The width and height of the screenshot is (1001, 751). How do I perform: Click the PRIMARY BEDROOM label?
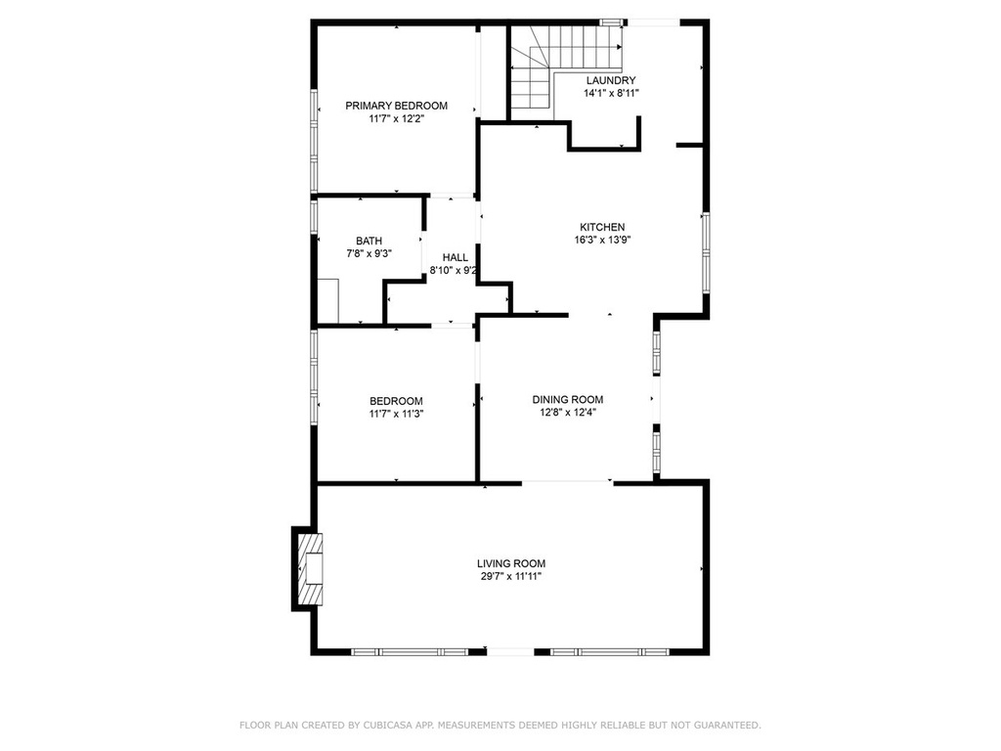pyautogui.click(x=397, y=106)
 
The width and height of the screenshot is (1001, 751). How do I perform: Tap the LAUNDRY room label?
pyautogui.click(x=611, y=80)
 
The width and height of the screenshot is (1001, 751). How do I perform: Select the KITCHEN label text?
pyautogui.click(x=602, y=227)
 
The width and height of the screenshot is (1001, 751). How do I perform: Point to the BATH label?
pyautogui.click(x=369, y=241)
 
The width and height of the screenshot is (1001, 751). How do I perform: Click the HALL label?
pyautogui.click(x=456, y=257)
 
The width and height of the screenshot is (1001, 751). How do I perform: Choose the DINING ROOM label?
pyautogui.click(x=568, y=400)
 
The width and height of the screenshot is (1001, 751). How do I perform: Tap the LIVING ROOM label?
pyautogui.click(x=511, y=564)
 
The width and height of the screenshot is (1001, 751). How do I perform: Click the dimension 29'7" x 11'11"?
pyautogui.click(x=510, y=577)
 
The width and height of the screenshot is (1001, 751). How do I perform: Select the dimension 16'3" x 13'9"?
pyautogui.click(x=602, y=241)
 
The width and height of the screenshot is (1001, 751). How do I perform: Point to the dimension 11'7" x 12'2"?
pyautogui.click(x=397, y=118)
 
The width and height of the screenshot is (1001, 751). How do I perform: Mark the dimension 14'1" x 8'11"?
pyautogui.click(x=611, y=93)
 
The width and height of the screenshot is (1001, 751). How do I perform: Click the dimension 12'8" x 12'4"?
pyautogui.click(x=568, y=413)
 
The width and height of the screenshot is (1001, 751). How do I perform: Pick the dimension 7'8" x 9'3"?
pyautogui.click(x=369, y=253)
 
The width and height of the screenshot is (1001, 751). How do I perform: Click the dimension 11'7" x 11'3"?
pyautogui.click(x=397, y=414)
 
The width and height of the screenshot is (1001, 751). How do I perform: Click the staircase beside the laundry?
pyautogui.click(x=566, y=67)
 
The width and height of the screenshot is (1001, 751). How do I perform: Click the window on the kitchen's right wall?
pyautogui.click(x=706, y=253)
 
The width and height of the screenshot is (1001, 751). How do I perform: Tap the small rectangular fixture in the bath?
pyautogui.click(x=328, y=301)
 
